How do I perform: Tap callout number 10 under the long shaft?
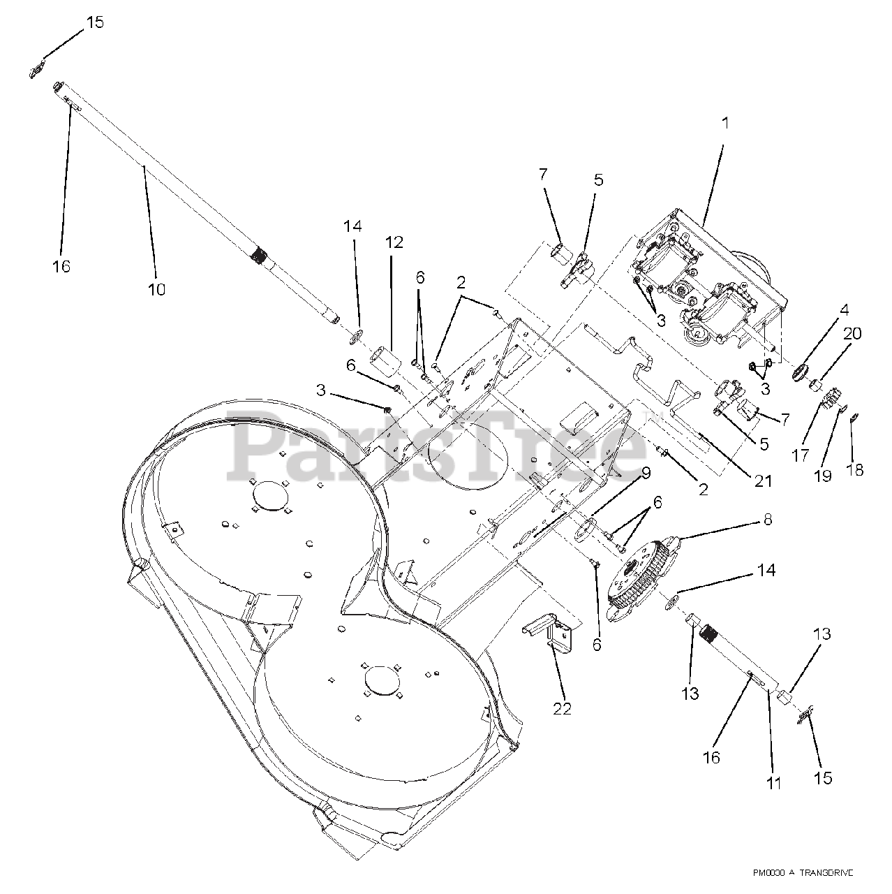click(x=156, y=288)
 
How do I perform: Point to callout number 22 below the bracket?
click(x=562, y=708)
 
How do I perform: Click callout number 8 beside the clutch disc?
click(x=767, y=520)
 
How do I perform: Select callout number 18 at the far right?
click(x=854, y=470)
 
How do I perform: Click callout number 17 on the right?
click(x=800, y=455)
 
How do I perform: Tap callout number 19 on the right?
click(x=823, y=475)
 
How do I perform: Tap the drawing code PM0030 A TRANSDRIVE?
click(x=803, y=873)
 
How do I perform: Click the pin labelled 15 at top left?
click(x=38, y=70)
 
